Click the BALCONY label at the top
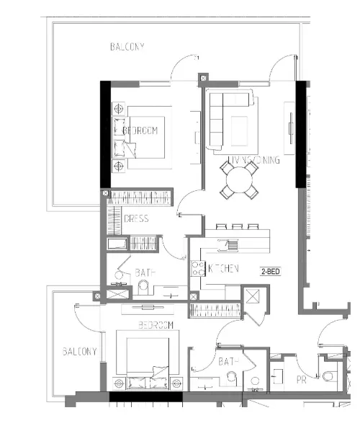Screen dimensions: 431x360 [x=127, y=47]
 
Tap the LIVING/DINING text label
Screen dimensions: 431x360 [x=253, y=160]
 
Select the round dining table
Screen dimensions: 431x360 [x=240, y=179]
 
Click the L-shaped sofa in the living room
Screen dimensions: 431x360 [x=230, y=119]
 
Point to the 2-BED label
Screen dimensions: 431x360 [x=271, y=271]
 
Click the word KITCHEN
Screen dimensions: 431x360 [x=223, y=269]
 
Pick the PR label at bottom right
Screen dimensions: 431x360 [x=301, y=379]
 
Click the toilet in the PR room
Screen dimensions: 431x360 [x=328, y=375]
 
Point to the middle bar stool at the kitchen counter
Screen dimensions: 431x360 [x=237, y=227]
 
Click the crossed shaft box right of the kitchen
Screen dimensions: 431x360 [x=253, y=297]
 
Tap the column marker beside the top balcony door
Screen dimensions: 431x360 [x=202, y=76]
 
